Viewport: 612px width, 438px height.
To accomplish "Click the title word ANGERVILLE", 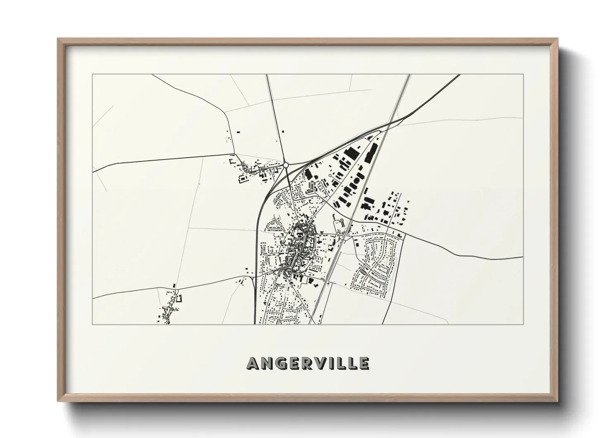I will click(x=308, y=363).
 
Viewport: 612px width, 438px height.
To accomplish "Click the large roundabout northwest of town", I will click(x=285, y=165).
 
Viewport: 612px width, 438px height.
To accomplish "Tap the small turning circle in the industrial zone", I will click(x=330, y=176).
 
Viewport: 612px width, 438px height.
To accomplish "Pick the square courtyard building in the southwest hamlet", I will click(x=179, y=298).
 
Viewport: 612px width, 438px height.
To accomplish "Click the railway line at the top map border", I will click(x=409, y=75).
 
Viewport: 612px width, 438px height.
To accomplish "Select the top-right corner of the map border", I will click(x=523, y=75).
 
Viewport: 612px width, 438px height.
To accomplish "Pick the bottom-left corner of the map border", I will click(x=93, y=324).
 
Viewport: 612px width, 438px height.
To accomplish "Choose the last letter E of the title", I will click(x=364, y=363).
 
